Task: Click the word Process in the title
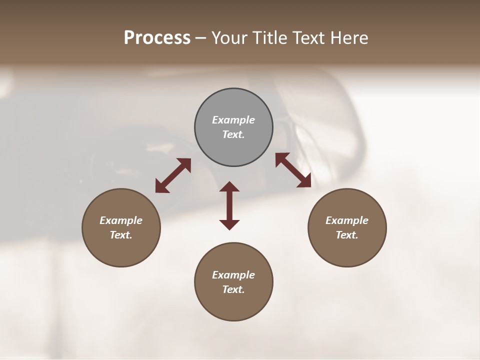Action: [x=157, y=38]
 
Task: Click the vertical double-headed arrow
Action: [x=229, y=205]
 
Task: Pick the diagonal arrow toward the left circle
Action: [x=173, y=175]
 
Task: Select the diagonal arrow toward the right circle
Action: [x=293, y=170]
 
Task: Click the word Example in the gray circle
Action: [x=233, y=120]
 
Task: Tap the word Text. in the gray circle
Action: [x=233, y=134]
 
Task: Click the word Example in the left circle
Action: [x=121, y=220]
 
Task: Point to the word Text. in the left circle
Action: [x=121, y=235]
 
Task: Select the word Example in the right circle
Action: [x=347, y=220]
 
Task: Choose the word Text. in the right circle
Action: [x=347, y=235]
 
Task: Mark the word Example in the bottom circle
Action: [x=233, y=275]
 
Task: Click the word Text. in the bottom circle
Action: [x=233, y=289]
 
